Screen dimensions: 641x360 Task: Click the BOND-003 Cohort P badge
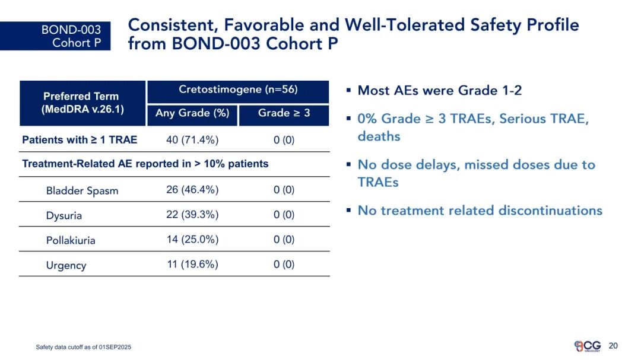[55, 36]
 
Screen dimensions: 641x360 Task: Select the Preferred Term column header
[82, 103]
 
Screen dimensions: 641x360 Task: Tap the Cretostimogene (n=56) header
[238, 91]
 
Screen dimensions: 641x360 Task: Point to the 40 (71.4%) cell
[192, 140]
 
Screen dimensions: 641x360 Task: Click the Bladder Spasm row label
[82, 191]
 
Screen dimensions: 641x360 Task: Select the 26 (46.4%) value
[192, 190]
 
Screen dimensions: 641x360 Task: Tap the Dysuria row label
[64, 216]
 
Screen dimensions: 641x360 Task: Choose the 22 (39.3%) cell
[192, 215]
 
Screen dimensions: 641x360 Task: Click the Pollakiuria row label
[71, 240]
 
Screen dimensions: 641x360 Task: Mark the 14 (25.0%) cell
[192, 240]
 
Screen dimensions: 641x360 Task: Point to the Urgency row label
[66, 266]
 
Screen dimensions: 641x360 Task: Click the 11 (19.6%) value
[192, 265]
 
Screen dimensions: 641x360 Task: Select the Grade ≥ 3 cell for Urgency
[284, 265]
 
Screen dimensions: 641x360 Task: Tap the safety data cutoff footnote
[84, 347]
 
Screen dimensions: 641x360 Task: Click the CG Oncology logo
[588, 346]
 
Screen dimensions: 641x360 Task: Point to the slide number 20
[613, 346]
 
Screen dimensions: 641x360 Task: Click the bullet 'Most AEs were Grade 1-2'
[439, 90]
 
